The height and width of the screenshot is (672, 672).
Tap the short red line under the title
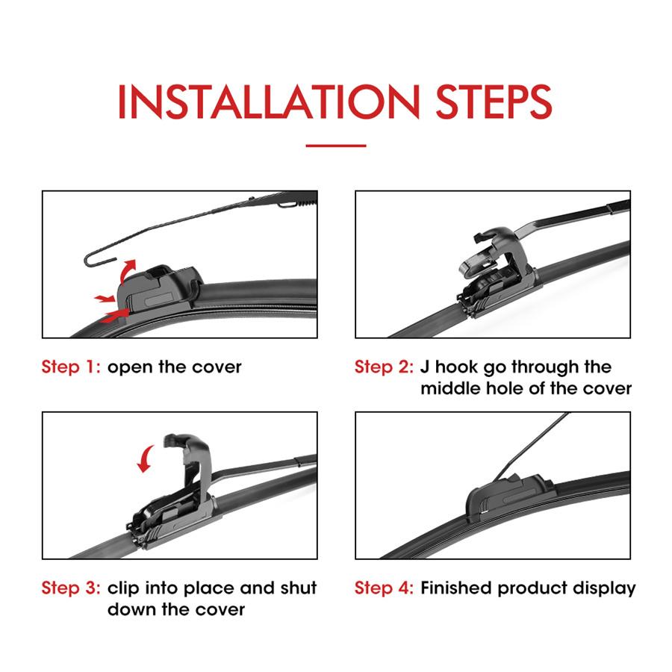coord(336,146)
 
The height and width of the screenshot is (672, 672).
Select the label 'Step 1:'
coord(71,367)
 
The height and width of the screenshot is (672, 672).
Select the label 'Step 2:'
coord(384,367)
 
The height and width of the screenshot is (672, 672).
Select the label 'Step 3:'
coord(71,588)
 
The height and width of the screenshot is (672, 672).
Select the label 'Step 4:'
coord(384,588)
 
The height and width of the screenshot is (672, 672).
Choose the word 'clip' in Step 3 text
coord(124,588)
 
